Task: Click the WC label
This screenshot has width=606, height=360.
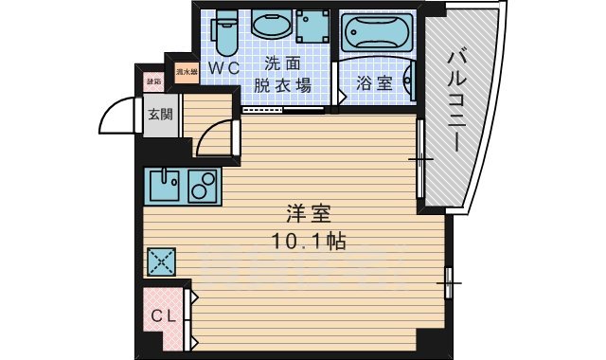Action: [x=224, y=68]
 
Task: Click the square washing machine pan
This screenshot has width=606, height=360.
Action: [x=312, y=27]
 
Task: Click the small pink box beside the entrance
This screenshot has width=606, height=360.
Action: [x=152, y=82]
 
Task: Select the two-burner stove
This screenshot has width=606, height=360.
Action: [x=203, y=185]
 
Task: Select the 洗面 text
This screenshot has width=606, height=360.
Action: [x=280, y=64]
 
